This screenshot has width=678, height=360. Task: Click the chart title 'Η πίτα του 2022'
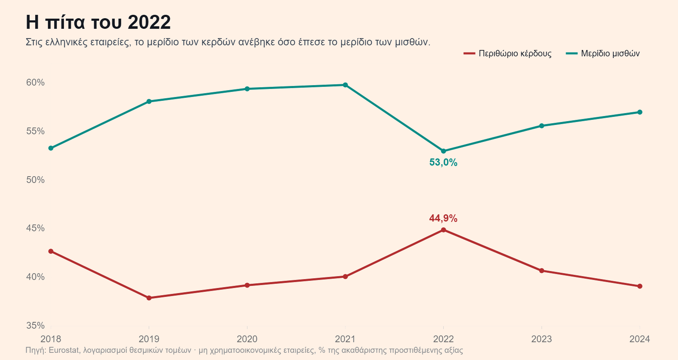coord(98,22)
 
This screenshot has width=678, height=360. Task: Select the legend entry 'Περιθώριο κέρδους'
coord(508,53)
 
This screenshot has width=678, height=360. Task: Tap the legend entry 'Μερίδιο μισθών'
coord(603,53)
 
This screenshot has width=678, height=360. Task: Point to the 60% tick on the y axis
coord(36,82)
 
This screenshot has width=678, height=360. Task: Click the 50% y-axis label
coord(36,180)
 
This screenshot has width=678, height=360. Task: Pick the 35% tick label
coord(36,326)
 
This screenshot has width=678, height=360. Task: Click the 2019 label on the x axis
coord(149,339)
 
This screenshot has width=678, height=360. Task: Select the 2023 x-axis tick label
coord(542,339)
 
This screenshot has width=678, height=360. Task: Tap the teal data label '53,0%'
coord(443,163)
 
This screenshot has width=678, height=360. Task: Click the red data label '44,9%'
coord(443,218)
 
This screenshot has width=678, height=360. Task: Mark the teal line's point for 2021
coord(345,85)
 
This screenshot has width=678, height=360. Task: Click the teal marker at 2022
coord(443,151)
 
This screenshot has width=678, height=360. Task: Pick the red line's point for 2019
coord(149,298)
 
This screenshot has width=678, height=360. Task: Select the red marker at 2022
coord(443,230)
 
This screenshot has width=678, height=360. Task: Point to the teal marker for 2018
coord(51,148)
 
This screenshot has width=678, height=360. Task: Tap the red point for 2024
coord(640,286)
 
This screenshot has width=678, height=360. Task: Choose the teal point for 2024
coord(640,112)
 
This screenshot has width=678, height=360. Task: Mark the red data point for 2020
coord(247,285)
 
